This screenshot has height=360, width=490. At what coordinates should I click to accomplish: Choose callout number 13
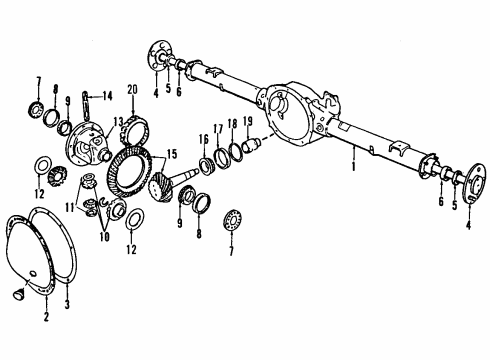pos(118,121)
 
